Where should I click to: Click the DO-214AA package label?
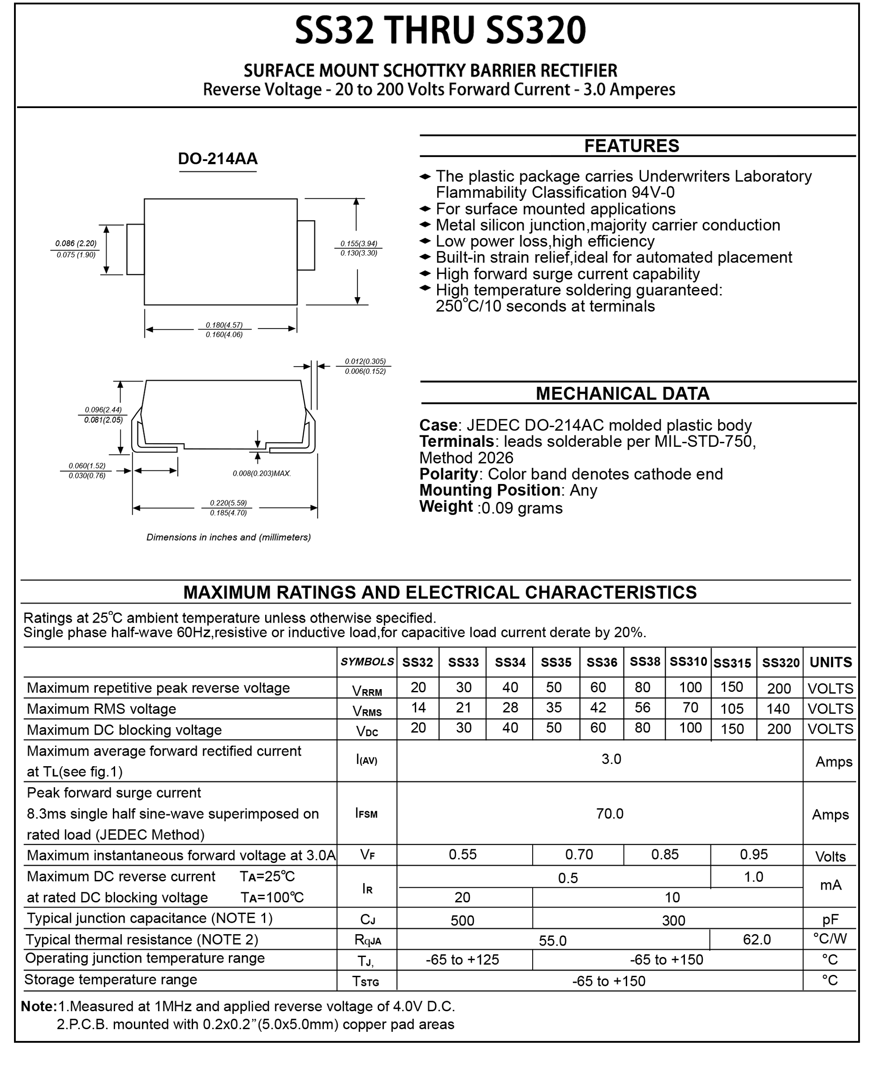217,159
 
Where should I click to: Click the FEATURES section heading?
631,146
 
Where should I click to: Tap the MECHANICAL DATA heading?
622,393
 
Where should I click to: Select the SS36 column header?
601,662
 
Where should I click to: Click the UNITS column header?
831,662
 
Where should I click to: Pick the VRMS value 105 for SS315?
732,708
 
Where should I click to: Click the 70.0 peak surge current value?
610,813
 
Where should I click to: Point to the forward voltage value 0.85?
664,855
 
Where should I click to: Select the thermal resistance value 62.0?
756,939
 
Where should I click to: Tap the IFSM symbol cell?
366,813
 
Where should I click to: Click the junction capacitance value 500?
462,920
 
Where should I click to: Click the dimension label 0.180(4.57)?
224,325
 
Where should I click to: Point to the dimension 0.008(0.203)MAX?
262,473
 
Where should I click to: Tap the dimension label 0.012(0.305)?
365,361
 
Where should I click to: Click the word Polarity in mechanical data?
448,473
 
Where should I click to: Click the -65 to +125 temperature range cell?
462,960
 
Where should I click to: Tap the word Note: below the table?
39,1006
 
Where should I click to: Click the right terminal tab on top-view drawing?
306,245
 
